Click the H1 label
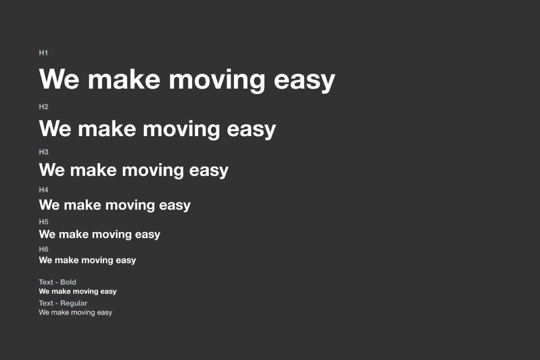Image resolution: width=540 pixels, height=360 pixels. [43, 53]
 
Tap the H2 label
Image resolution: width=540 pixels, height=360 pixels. [43, 107]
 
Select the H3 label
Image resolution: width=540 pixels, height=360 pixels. [43, 152]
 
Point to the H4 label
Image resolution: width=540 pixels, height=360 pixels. [43, 190]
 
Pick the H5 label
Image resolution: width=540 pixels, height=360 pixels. [43, 222]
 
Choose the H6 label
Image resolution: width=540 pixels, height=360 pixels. [43, 249]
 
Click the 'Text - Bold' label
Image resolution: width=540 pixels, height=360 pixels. [58, 282]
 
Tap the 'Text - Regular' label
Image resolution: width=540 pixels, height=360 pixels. [63, 303]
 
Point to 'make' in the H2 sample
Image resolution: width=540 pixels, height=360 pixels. [107, 129]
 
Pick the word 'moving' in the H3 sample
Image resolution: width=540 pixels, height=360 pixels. [153, 171]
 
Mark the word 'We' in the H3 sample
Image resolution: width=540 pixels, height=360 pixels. [52, 170]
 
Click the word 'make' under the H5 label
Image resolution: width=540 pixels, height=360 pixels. [73, 234]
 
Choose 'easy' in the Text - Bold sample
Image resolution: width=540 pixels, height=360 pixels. [108, 292]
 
